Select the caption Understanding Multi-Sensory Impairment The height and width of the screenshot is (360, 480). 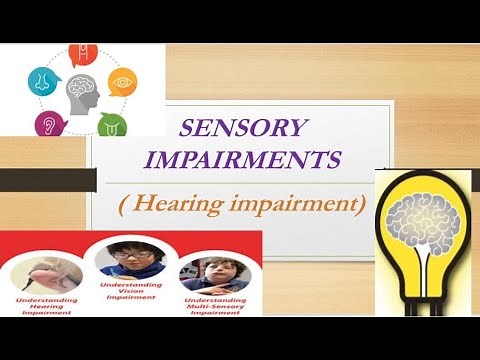pos(212,305)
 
